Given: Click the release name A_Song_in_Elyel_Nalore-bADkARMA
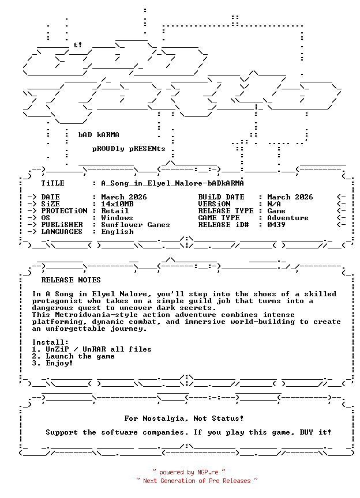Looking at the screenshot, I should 172,183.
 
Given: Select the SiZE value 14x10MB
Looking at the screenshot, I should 117,204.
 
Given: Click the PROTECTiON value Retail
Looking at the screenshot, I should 115,211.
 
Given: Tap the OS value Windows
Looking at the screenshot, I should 117,218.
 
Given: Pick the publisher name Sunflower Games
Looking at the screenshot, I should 136,225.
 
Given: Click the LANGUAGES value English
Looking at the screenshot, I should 117,232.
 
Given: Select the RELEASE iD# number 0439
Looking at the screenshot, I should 276,225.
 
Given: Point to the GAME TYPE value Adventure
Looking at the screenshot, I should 288,218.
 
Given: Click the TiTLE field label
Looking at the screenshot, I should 52,183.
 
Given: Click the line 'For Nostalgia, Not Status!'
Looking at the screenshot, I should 184,418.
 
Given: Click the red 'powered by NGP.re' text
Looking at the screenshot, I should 189,472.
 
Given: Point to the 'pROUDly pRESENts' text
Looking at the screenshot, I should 122,149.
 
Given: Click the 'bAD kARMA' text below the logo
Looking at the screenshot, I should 99,135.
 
